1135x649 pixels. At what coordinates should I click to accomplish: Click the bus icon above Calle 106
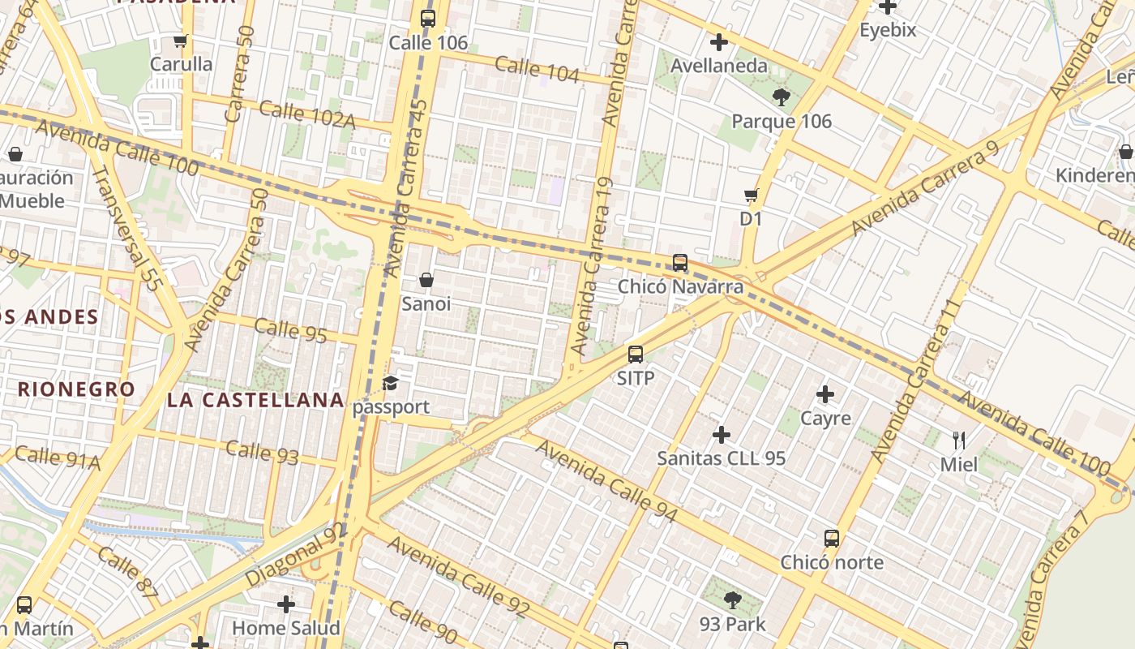coord(428,18)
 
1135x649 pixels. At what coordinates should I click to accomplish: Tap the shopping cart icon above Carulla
coord(181,41)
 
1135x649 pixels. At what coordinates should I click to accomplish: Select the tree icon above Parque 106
coord(782,98)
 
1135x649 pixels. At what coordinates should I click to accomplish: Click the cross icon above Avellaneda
coord(718,42)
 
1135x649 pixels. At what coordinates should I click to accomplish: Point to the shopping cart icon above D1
coord(751,195)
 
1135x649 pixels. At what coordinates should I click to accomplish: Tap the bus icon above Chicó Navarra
coord(680,263)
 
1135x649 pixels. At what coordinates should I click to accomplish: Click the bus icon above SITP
coord(636,355)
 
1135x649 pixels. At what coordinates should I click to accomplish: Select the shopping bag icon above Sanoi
coord(426,281)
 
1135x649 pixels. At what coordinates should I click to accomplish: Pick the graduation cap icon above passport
coord(391,383)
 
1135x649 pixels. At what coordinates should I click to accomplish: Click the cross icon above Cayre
coord(825,395)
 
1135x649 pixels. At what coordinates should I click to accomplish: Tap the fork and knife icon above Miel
coord(959,441)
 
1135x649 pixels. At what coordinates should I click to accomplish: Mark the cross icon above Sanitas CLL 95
coord(721,435)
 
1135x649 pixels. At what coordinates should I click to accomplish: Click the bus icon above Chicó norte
coord(832,539)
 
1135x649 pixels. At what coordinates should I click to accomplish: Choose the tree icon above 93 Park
coord(733,601)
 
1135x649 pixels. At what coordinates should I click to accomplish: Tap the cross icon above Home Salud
coord(285,604)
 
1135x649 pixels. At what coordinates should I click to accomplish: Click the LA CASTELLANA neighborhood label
coord(255,400)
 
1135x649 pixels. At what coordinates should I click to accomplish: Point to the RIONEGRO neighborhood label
coord(76,389)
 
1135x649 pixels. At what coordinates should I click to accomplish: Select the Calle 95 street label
coord(290,331)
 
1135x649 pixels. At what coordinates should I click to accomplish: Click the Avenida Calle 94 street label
coord(606,482)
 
